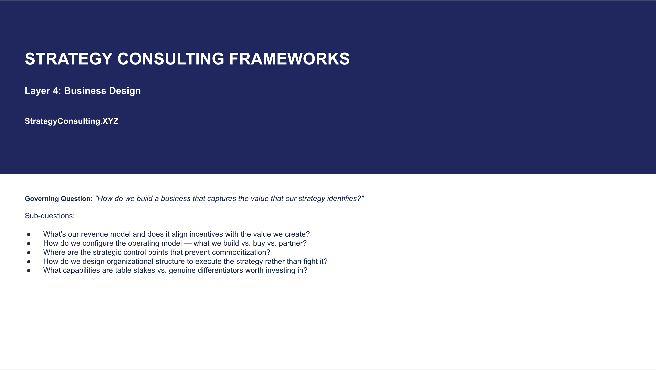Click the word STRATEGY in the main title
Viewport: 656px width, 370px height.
pos(68,59)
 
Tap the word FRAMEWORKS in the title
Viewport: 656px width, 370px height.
pos(289,59)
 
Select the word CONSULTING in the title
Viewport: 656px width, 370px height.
pos(171,59)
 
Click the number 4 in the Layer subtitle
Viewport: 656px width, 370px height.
pos(56,91)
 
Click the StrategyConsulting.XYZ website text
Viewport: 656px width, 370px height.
pos(72,121)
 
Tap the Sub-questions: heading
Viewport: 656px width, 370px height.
pos(50,216)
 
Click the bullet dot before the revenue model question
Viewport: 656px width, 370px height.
pos(29,234)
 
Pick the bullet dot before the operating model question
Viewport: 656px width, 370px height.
pos(29,243)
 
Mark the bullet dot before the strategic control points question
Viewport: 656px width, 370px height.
pos(29,253)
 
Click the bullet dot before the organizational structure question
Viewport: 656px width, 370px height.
pos(29,261)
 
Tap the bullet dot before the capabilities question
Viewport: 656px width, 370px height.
pos(29,270)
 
